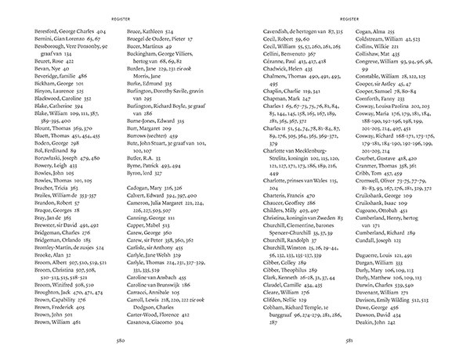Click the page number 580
[143, 340]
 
